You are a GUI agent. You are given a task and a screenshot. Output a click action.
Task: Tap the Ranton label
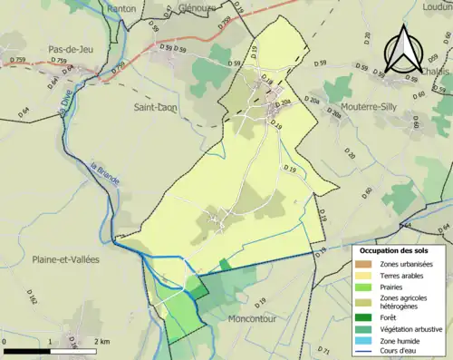click(120, 8)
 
